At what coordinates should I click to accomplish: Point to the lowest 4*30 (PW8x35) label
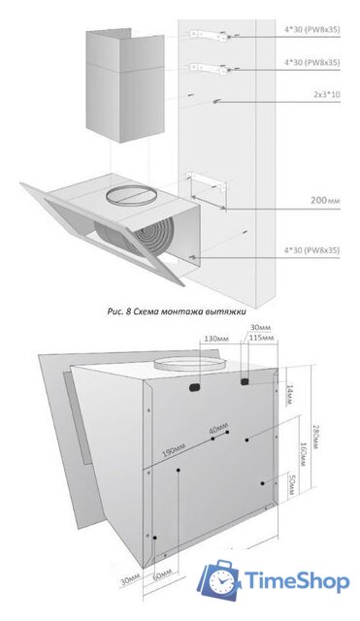click(x=311, y=250)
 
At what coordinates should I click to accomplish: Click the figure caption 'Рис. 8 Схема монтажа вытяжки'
click(x=180, y=312)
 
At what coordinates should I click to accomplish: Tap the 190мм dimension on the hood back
click(x=174, y=452)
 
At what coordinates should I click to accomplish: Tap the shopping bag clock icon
click(x=219, y=581)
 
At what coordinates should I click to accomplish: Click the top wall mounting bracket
click(x=209, y=32)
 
